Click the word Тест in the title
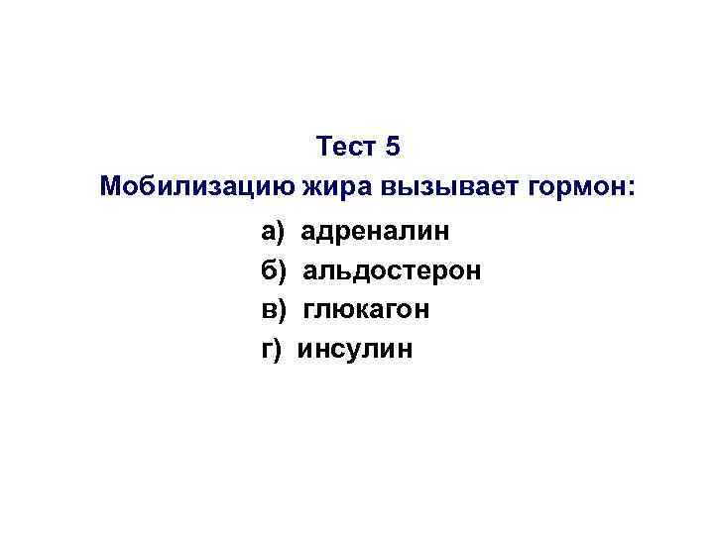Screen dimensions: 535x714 tap(347, 148)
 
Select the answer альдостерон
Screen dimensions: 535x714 tap(393, 270)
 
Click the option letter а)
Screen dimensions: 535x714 tap(273, 232)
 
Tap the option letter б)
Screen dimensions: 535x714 tap(273, 270)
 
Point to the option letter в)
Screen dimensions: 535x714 tap(273, 309)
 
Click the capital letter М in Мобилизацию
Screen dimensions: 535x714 tap(112, 186)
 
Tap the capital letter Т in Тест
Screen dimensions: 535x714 tap(325, 148)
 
